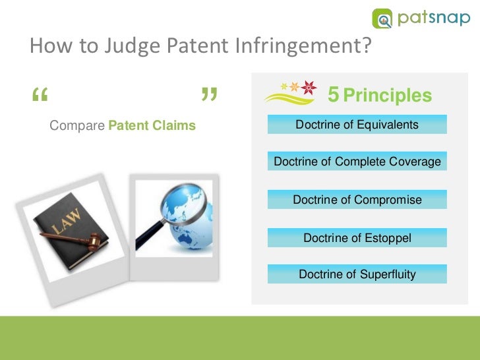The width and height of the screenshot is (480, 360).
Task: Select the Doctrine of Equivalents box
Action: (357, 125)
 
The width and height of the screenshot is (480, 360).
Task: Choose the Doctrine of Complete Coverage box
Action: (357, 162)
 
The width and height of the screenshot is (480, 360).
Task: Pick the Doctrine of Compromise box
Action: (357, 200)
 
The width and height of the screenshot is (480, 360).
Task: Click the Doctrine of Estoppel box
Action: (357, 238)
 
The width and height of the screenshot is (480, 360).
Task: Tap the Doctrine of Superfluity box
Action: (357, 274)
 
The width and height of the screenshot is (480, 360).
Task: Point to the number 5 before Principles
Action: (334, 96)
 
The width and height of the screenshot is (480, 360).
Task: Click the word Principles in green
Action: (388, 96)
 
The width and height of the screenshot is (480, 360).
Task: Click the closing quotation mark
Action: (208, 98)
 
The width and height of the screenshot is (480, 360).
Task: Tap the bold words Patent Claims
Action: (152, 125)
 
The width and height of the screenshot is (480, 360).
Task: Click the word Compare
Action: (78, 125)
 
